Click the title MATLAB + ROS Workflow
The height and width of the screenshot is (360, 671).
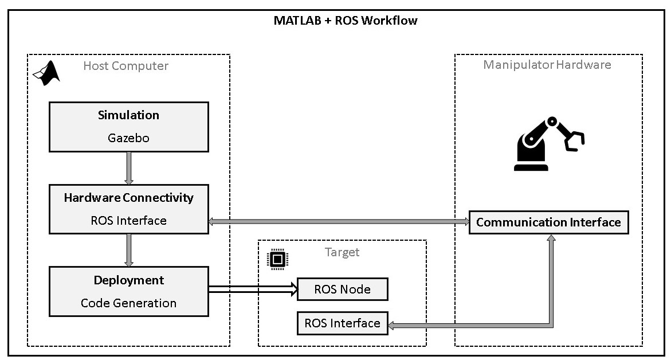pyautogui.click(x=346, y=21)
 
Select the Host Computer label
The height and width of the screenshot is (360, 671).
pyautogui.click(x=125, y=66)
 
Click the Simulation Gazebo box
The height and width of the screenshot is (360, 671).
pyautogui.click(x=128, y=127)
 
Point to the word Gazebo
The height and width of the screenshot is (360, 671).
pyautogui.click(x=128, y=138)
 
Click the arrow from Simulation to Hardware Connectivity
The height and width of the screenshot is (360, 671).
pyautogui.click(x=128, y=168)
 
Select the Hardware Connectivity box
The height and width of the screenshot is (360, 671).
pyautogui.click(x=128, y=209)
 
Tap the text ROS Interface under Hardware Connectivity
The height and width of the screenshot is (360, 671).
pyautogui.click(x=128, y=221)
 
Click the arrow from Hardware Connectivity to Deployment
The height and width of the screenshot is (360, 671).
pyautogui.click(x=128, y=250)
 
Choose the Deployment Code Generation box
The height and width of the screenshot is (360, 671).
pyautogui.click(x=128, y=291)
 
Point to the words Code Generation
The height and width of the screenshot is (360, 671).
pyautogui.click(x=128, y=303)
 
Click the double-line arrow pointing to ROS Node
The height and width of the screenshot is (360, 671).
pyautogui.click(x=253, y=289)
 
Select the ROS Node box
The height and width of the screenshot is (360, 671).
pyautogui.click(x=342, y=289)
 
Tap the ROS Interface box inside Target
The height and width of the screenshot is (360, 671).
pyautogui.click(x=342, y=323)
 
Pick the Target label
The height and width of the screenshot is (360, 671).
pyautogui.click(x=342, y=252)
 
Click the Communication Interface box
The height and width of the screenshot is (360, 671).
pyautogui.click(x=548, y=222)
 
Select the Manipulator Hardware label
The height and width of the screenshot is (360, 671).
pyautogui.click(x=547, y=64)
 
